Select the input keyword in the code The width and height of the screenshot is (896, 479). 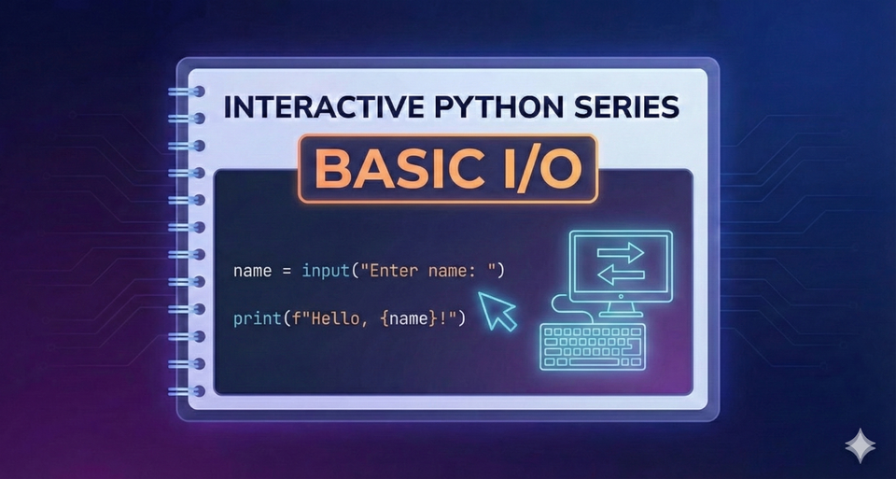[322, 272]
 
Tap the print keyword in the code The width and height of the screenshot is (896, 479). [254, 318]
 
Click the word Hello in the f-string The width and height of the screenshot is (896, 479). [347, 318]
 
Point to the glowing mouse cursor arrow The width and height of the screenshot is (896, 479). [497, 309]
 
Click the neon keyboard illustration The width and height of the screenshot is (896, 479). [592, 345]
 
